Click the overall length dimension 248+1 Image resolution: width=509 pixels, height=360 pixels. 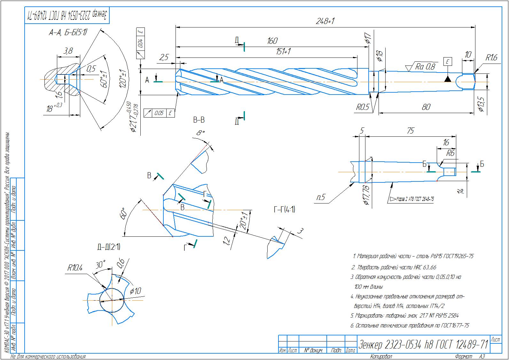pos(325,21)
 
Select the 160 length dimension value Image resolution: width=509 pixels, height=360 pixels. pos(272,41)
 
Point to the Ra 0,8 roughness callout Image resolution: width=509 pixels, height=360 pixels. pos(425,67)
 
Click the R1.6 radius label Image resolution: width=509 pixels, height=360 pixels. pos(491,58)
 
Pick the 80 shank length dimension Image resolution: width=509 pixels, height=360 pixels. pos(426,107)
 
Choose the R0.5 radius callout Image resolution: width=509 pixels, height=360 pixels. pos(363,107)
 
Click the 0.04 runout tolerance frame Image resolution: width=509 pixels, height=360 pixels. pos(141,43)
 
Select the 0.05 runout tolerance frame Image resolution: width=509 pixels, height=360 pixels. pos(159,113)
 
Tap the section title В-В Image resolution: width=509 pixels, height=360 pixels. pos(199,120)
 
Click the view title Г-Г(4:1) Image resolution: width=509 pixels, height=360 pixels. pos(284,210)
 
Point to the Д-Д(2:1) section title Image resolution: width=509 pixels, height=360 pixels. pos(109,247)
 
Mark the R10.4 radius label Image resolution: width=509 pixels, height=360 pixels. pos(75,268)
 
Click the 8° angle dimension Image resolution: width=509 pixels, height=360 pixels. pos(200,133)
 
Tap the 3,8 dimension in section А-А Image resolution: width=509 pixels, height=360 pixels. pos(68,50)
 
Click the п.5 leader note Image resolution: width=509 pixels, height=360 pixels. pos(321,197)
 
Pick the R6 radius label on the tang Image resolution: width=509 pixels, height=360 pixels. pos(450,153)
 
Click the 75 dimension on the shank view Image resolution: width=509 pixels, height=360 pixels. pos(410,130)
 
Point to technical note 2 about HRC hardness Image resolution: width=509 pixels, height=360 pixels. pos(394,267)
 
